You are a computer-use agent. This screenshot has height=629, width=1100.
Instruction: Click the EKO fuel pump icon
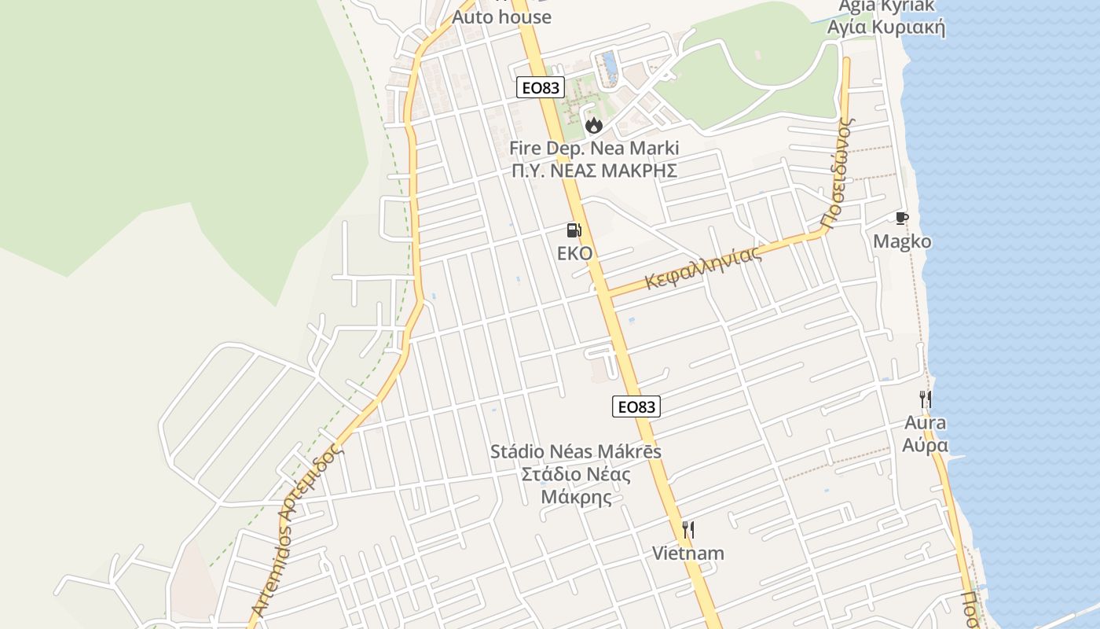click(574, 230)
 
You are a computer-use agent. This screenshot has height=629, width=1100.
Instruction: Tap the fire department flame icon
click(593, 125)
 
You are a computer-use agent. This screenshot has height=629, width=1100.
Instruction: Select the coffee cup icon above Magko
click(901, 219)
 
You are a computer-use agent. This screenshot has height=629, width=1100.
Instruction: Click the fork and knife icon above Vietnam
click(688, 529)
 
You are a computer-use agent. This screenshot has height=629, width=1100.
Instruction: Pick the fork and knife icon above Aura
click(926, 399)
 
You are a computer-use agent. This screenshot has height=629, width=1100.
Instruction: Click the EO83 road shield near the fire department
click(541, 87)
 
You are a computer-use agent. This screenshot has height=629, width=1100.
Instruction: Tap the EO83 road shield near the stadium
click(636, 406)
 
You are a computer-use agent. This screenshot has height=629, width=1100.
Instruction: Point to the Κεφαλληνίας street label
click(704, 268)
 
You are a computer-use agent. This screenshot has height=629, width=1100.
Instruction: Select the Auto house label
click(501, 17)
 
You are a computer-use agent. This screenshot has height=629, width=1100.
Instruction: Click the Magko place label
click(902, 241)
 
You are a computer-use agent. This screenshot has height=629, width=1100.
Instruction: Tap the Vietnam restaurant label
click(688, 553)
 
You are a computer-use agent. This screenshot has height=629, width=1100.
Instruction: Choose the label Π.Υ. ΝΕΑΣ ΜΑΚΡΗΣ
click(594, 171)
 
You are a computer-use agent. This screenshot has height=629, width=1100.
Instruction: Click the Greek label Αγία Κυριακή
click(886, 28)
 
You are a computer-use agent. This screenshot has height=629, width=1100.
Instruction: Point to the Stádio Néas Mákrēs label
click(576, 452)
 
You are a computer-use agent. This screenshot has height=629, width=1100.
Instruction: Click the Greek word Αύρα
click(925, 445)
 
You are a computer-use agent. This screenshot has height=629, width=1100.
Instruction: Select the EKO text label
click(574, 253)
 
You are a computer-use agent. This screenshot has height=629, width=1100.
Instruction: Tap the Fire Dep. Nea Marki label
click(594, 148)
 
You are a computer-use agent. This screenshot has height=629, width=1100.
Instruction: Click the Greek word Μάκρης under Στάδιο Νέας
click(576, 497)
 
